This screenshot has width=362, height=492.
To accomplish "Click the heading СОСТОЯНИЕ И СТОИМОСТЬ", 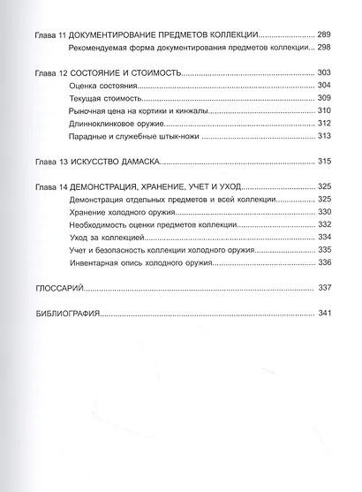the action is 127,74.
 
